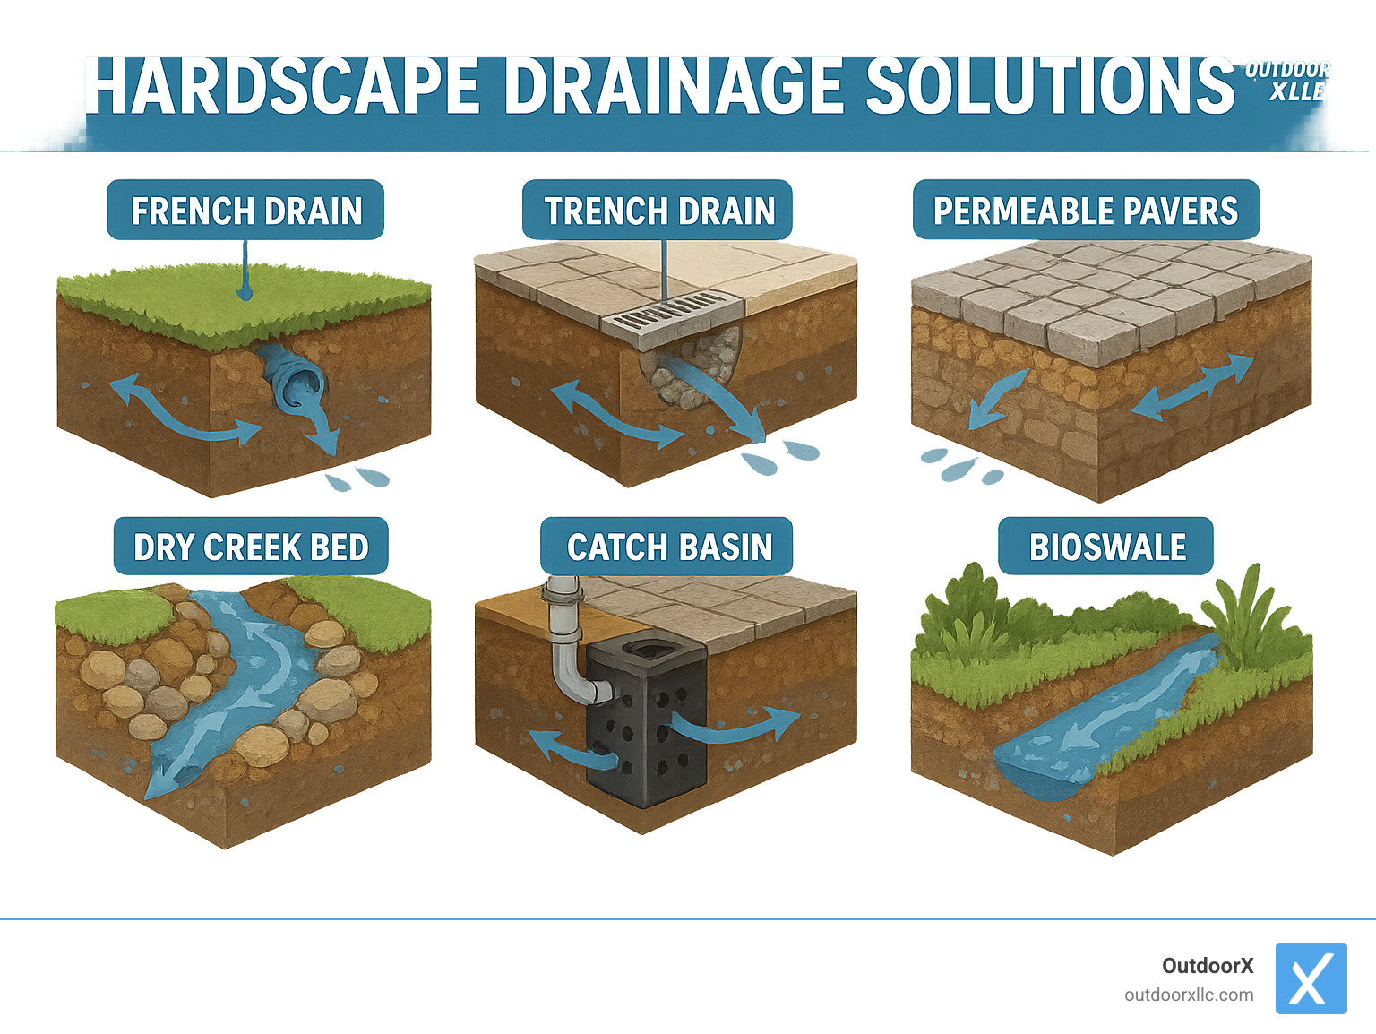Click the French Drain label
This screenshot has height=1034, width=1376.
pos(245,211)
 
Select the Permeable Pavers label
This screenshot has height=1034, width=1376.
pos(1086,211)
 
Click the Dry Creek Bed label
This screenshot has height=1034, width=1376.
pos(251,547)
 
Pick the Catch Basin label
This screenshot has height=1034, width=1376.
pos(667,547)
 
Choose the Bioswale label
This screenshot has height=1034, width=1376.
pos(1106,547)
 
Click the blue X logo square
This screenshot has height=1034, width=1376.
pos(1311,978)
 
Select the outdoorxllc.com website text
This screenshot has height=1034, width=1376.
pos(1189,995)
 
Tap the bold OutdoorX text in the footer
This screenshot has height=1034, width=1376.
pos(1208,966)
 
